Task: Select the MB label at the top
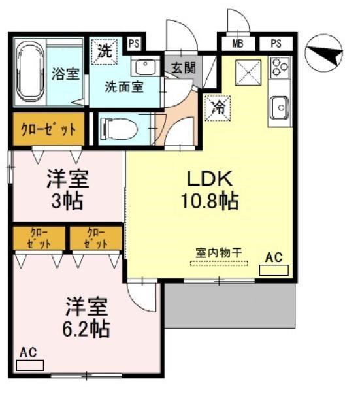pyautogui.click(x=238, y=44)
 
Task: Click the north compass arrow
pyautogui.click(x=325, y=54)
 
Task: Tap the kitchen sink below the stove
pyautogui.click(x=280, y=107)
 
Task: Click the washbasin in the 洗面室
pyautogui.click(x=145, y=67)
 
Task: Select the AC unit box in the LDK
pyautogui.click(x=274, y=269)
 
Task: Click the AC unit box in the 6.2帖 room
pyautogui.click(x=29, y=365)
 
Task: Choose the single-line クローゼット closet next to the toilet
pyautogui.click(x=48, y=129)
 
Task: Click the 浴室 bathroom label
pyautogui.click(x=65, y=73)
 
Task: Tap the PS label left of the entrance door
pyautogui.click(x=134, y=44)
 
